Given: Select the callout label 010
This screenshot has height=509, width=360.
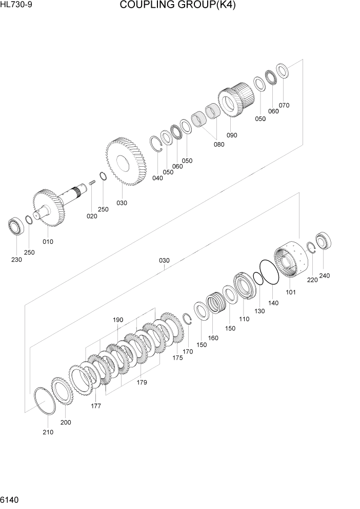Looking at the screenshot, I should pyautogui.click(x=48, y=242).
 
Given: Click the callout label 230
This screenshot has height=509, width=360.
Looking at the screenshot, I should pyautogui.click(x=16, y=260).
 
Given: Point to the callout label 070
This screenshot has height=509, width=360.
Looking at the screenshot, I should pyautogui.click(x=284, y=105).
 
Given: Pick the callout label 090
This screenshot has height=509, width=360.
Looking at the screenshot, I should pyautogui.click(x=232, y=135).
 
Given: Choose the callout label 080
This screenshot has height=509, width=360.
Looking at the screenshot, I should pyautogui.click(x=219, y=144).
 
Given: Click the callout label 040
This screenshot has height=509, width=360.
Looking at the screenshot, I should pyautogui.click(x=157, y=178).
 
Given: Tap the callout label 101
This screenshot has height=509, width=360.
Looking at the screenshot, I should pyautogui.click(x=291, y=293).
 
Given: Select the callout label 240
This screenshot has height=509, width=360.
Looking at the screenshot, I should pyautogui.click(x=324, y=276).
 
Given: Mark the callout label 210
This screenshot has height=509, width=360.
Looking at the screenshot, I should pyautogui.click(x=48, y=432).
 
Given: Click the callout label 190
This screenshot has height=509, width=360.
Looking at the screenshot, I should pyautogui.click(x=118, y=320).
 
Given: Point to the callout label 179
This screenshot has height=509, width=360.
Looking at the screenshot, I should pyautogui.click(x=142, y=382).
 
